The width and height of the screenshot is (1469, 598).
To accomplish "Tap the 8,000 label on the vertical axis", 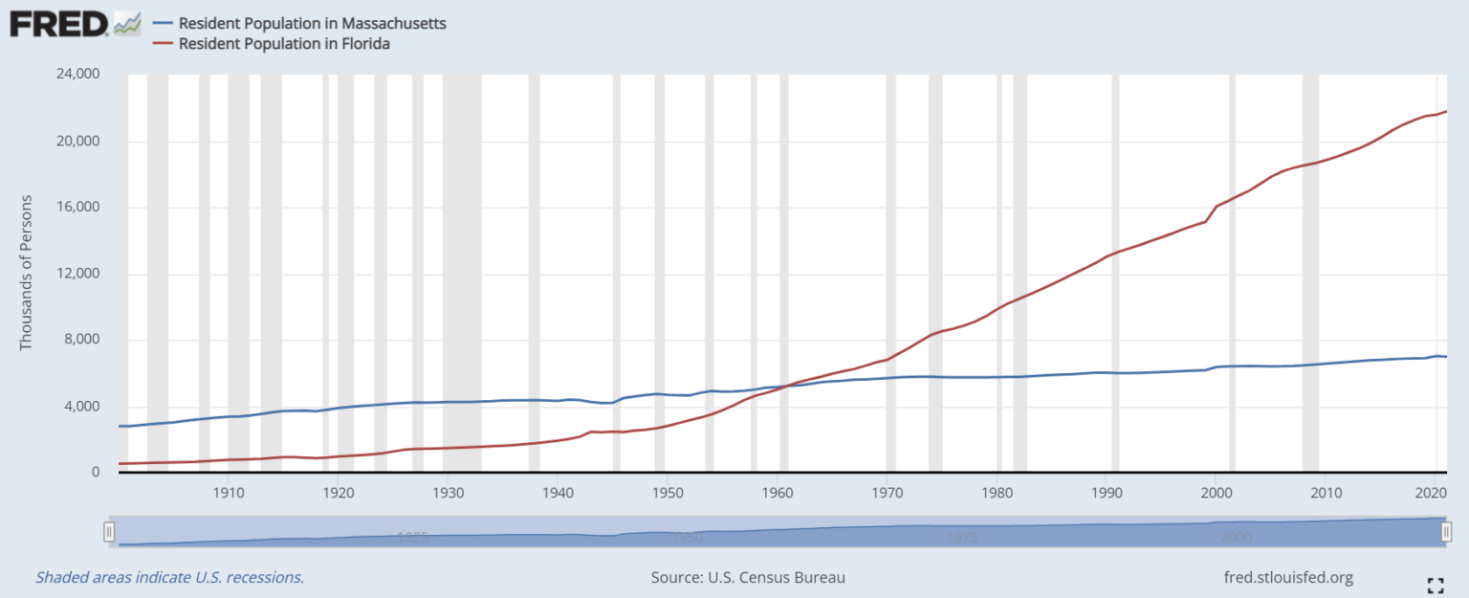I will (83, 341).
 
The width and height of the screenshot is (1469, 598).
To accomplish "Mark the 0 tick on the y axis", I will (96, 473).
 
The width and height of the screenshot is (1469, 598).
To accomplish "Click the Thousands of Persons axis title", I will (26, 274).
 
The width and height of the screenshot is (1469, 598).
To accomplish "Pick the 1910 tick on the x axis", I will (228, 493).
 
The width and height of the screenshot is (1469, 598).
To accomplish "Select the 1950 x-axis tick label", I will (667, 493).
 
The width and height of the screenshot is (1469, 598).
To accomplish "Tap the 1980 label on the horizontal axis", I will (998, 493).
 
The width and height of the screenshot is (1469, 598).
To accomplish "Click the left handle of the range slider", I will (110, 531).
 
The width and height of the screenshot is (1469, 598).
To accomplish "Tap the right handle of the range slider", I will (1446, 531).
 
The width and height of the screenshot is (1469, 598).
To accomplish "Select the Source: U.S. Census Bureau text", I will (748, 578).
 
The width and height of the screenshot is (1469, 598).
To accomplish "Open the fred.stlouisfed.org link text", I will (1288, 578).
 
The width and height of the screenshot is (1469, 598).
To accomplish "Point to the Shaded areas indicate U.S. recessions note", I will (169, 578).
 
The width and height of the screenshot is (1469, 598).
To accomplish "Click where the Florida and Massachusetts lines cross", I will (785, 386).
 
